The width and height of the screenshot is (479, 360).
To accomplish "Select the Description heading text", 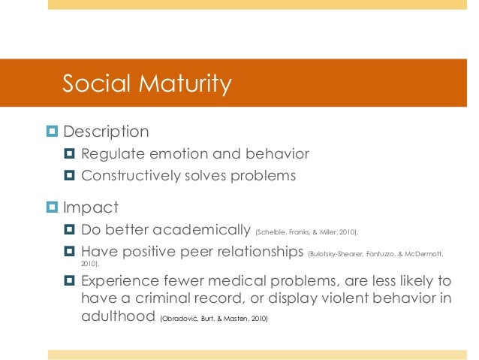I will tap(106, 132).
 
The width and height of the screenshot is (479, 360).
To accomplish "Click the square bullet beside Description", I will tap(52, 132).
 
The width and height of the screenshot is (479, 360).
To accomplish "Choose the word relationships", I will tap(252, 252).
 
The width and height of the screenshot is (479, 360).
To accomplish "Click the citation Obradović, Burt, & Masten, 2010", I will tap(213, 319).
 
